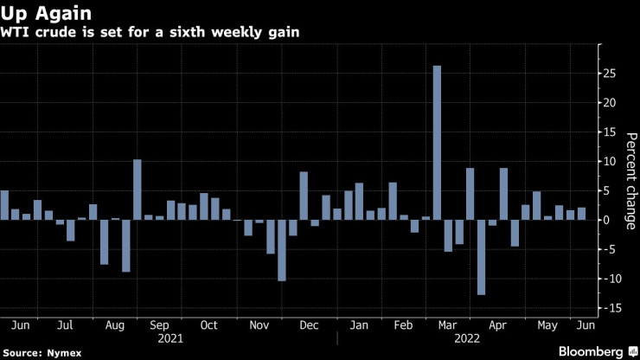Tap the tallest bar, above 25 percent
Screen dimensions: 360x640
click(437, 143)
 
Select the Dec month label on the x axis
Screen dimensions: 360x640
click(308, 326)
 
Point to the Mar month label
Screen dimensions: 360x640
click(448, 326)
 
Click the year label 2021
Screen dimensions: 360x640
click(160, 340)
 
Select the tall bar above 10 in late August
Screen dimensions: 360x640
click(137, 190)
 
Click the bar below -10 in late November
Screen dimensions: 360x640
click(282, 250)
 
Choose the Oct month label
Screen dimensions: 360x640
click(209, 326)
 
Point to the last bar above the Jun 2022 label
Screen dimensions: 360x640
click(581, 214)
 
